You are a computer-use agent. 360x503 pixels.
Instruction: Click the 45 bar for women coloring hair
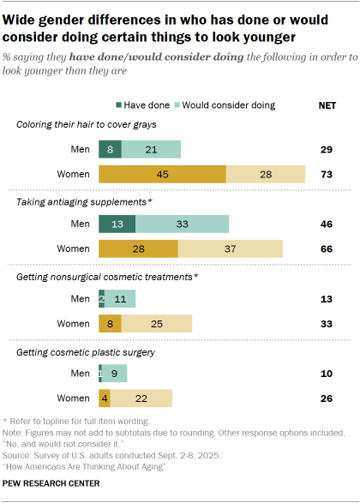pos(162,175)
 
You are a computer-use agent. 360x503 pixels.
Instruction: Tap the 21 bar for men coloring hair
pos(151,150)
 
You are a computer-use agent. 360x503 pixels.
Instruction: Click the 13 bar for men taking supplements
pos(117,225)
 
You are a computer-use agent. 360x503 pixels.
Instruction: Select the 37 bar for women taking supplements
pos(230,249)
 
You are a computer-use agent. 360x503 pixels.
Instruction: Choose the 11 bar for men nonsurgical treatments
pos(120,299)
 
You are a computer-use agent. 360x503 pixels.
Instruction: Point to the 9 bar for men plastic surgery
pos(115,374)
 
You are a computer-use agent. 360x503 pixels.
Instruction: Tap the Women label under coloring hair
pos(75,175)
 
